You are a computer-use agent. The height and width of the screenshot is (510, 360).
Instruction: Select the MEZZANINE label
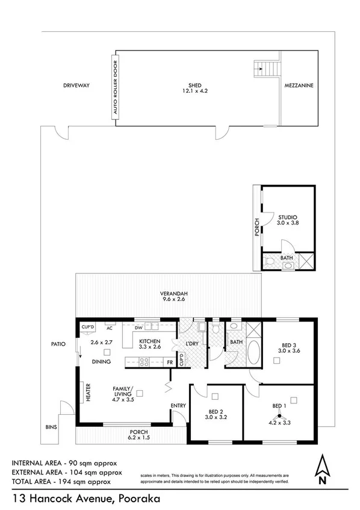pos(300,86)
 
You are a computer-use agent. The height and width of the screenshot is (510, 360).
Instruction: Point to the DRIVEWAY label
pos(76,86)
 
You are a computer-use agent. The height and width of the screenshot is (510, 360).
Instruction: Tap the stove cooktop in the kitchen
pos(144,362)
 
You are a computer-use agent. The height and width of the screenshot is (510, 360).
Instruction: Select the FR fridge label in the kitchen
pos(170,362)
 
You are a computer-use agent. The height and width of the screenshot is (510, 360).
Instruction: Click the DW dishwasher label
pos(138,329)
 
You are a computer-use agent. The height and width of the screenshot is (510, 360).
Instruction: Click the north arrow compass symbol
pos(323,471)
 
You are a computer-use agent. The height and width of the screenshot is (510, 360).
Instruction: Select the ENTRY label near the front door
pos(178,405)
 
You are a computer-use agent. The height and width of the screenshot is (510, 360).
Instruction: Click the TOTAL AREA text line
pos(61,482)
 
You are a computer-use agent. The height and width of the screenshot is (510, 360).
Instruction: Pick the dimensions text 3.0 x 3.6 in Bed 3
pos(287,350)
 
